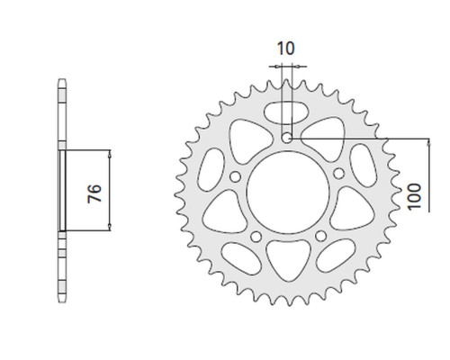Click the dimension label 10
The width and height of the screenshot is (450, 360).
point(286,49)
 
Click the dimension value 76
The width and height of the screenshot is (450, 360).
point(94,193)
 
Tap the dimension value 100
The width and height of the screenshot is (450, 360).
point(414,196)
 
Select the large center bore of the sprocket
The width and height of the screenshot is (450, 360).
point(288,193)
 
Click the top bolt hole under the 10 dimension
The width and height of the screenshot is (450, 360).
point(287,138)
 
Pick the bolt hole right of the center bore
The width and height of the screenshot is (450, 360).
point(339,173)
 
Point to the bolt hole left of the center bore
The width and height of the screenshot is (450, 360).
point(235,176)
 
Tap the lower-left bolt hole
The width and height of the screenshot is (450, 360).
point(256,237)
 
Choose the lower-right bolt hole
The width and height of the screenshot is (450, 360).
point(321,236)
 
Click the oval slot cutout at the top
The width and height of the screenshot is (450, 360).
point(286,112)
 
